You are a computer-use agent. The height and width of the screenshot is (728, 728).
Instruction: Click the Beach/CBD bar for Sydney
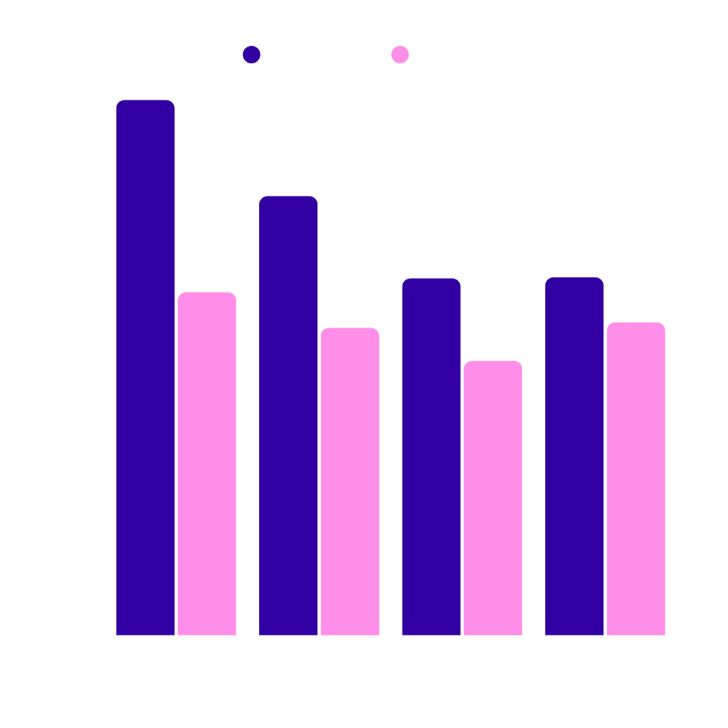(146, 368)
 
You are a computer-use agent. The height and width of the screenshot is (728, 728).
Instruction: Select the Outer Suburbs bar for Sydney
(207, 464)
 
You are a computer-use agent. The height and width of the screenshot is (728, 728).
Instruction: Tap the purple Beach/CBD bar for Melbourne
(288, 415)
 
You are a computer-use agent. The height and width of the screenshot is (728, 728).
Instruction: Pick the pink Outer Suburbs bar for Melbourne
(349, 481)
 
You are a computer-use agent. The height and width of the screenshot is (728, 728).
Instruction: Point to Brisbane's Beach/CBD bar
(431, 456)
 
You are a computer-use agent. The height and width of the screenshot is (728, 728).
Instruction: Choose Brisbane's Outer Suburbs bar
(493, 498)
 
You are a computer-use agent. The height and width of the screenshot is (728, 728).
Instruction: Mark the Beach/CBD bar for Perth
(574, 456)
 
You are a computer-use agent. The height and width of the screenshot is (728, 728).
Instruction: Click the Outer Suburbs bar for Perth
(636, 478)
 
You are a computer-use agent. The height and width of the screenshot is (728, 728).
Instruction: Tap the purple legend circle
(252, 55)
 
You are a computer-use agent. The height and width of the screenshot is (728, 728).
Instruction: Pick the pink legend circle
(400, 55)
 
